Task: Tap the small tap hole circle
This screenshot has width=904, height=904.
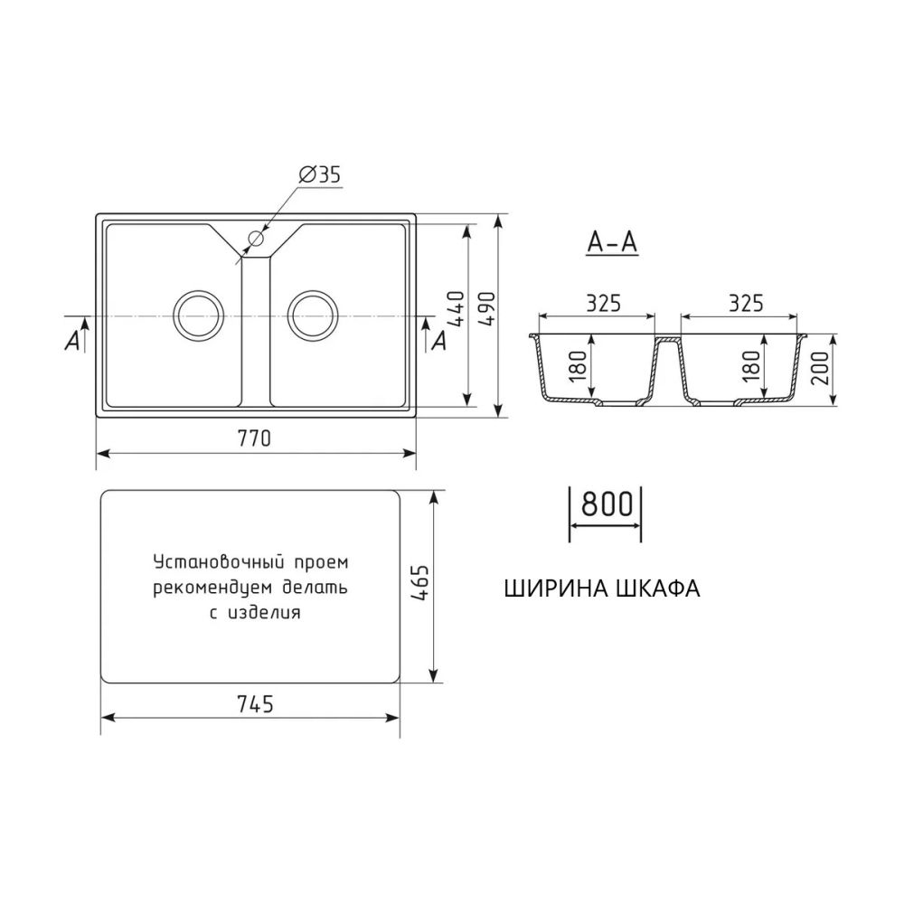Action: [x=255, y=240]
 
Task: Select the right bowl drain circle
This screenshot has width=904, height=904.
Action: [x=313, y=315]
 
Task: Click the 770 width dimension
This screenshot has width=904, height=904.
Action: [x=255, y=439]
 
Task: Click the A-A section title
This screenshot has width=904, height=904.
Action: [x=612, y=243]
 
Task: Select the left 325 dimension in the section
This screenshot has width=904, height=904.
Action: [x=603, y=303]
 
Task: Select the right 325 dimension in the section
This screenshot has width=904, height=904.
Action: [x=745, y=303]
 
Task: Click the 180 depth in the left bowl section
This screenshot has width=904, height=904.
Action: [x=579, y=365]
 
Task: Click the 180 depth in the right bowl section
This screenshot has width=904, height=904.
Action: [x=749, y=365]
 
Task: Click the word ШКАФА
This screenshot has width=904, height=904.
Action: [x=655, y=589]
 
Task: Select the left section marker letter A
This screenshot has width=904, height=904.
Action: [x=72, y=341]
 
